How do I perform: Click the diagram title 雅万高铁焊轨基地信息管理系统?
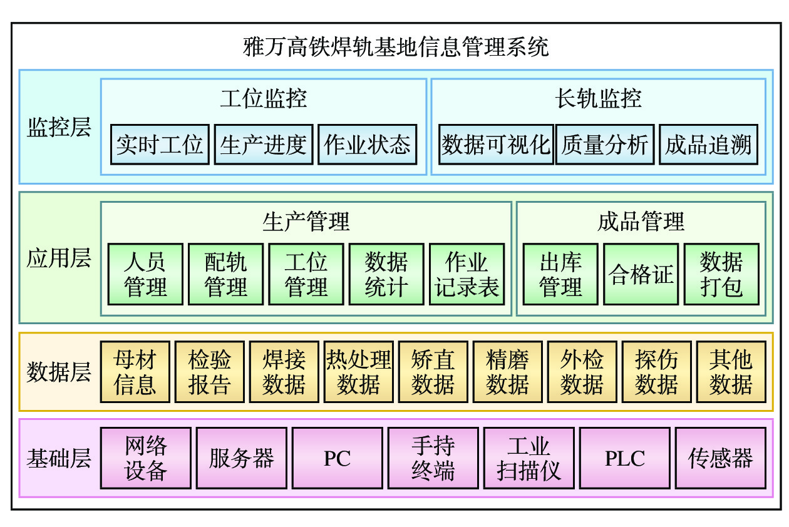coord(396,47)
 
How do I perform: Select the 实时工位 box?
coord(160,145)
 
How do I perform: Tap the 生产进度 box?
coord(263,145)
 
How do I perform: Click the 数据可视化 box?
coord(496,145)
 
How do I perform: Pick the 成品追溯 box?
coord(708,145)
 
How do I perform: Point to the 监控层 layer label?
coord(59,127)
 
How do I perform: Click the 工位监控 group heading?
coord(263,99)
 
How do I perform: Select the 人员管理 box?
coord(145,274)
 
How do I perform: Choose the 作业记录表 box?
coord(467,274)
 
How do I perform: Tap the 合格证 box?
coord(641,274)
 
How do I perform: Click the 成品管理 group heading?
coord(641,222)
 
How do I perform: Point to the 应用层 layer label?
coord(59,258)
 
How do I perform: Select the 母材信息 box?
coord(135,372)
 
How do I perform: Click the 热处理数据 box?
coord(358,372)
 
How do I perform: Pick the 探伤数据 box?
coord(656,372)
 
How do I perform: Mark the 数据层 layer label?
coord(59,372)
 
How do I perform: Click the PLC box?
coord(624,458)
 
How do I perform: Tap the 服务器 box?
coord(241,458)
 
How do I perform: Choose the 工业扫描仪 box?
coord(529,458)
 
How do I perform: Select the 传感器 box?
coord(720,458)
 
